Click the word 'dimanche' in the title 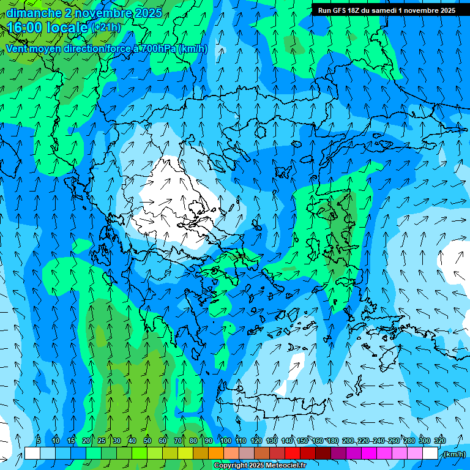pyautogui.click(x=31, y=13)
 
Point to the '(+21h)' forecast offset pyautogui.click(x=106, y=28)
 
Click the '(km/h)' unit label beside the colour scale pyautogui.click(x=453, y=454)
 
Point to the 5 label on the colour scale pyautogui.click(x=39, y=441)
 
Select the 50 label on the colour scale pyautogui.click(x=147, y=441)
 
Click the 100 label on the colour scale pyautogui.click(x=226, y=441)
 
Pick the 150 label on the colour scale pyautogui.click(x=302, y=441)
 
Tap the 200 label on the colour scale pyautogui.click(x=348, y=441)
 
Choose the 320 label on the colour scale pyautogui.click(x=440, y=441)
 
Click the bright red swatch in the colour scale pyautogui.click(x=293, y=453)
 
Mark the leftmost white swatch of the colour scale pyautogui.click(x=32, y=453)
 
